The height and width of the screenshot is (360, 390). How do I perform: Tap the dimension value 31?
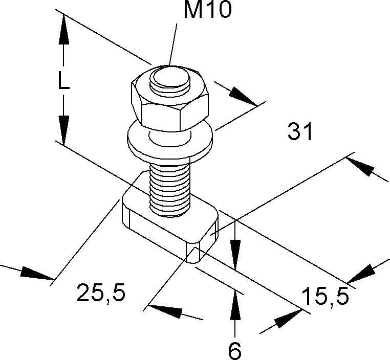point(299,132)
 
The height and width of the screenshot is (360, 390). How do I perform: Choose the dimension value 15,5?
point(324,296)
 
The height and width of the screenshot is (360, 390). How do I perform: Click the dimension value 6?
point(234,350)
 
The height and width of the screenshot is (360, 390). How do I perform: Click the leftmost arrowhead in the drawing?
point(33,273)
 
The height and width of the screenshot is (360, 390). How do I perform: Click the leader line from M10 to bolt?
point(174,43)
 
